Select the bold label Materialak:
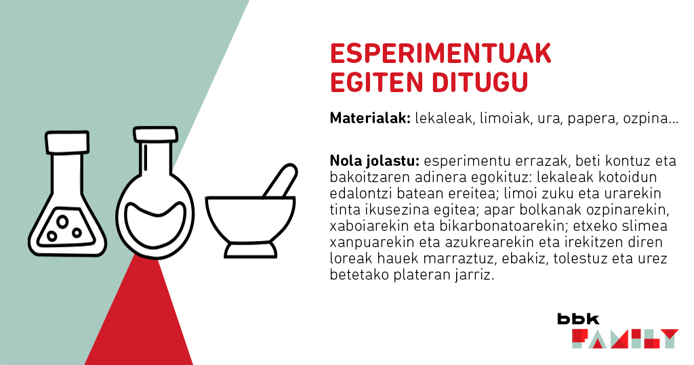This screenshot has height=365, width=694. point(371,119)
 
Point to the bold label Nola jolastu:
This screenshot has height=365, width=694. point(374,160)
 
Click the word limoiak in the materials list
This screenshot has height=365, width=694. point(505,119)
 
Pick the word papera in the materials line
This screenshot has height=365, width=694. point(592,119)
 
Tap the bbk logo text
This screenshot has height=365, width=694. point(578,318)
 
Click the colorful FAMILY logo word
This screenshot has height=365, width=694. point(624,339)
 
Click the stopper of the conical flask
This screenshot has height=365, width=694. point(67,142)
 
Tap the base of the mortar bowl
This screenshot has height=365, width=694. point(251,251)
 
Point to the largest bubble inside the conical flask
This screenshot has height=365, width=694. point(62,221)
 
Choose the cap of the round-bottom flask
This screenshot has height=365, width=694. point(155,134)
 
